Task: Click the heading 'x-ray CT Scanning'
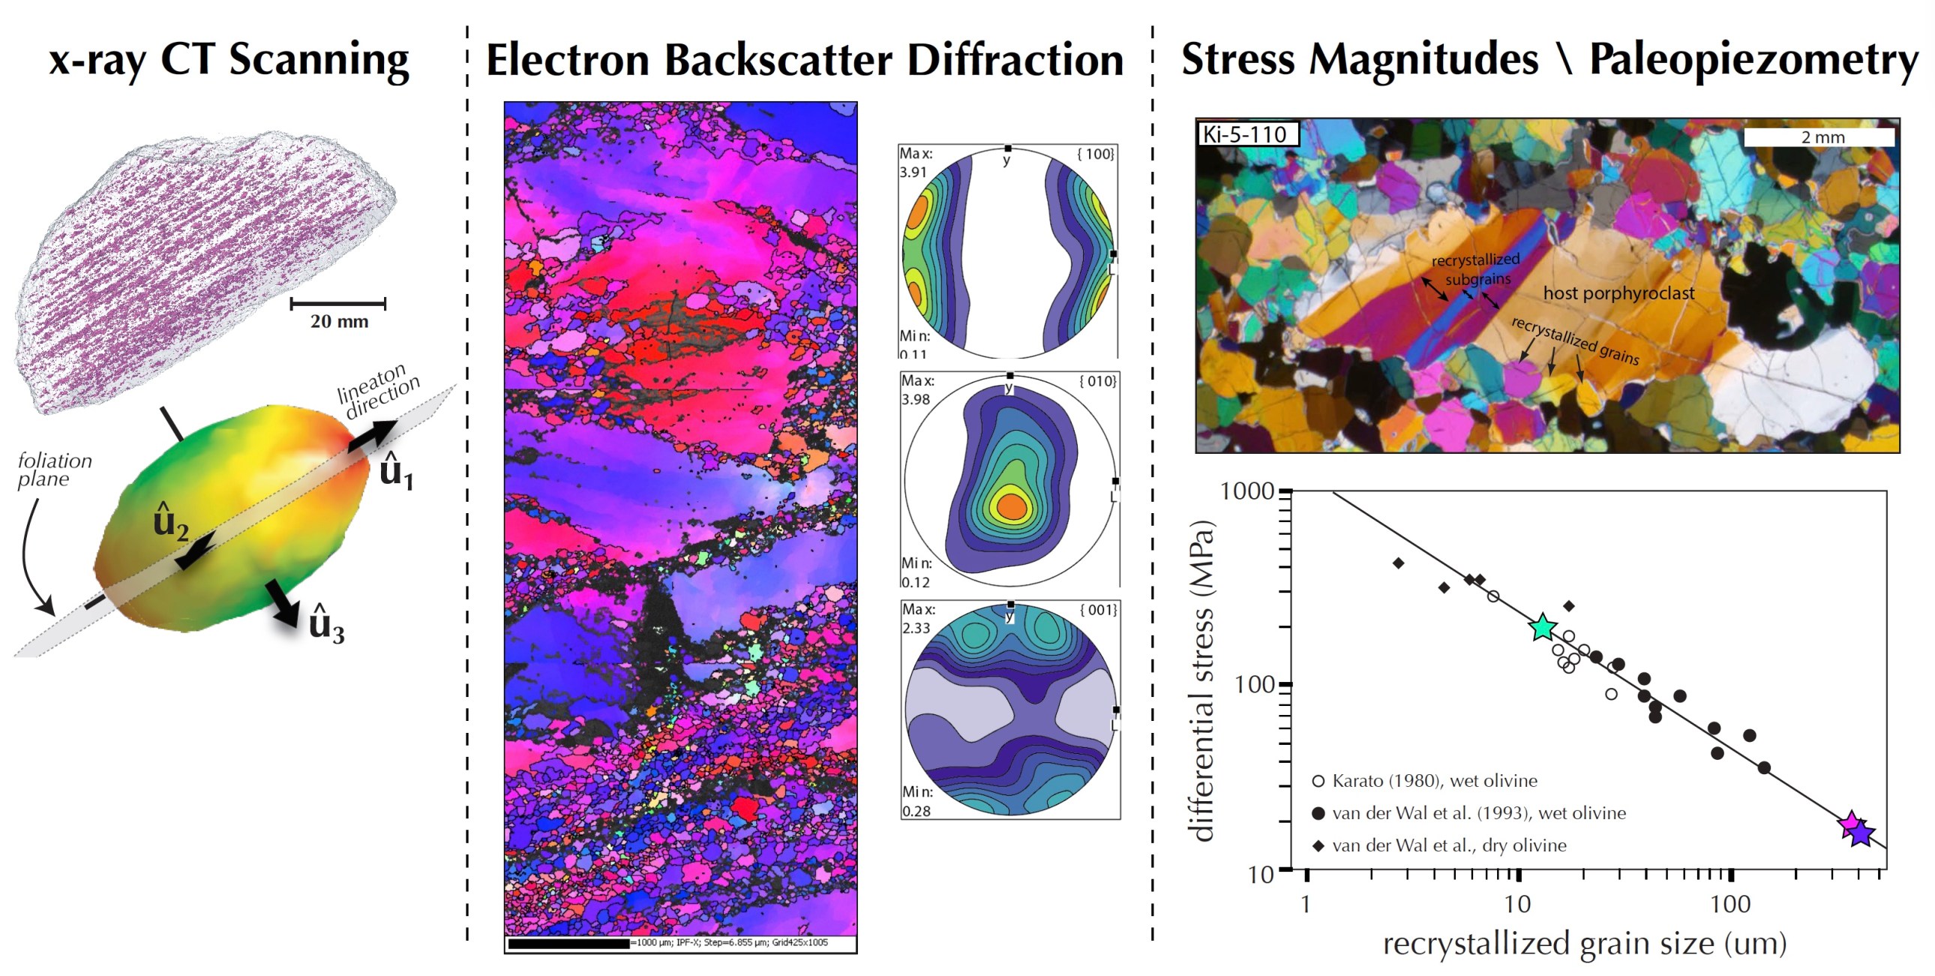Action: (229, 60)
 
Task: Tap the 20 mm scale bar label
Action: (339, 322)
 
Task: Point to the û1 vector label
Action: (396, 473)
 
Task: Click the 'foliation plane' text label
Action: (54, 470)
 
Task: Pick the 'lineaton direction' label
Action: (378, 392)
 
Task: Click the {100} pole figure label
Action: (1094, 154)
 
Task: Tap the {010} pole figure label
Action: (1096, 382)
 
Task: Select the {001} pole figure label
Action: (1097, 610)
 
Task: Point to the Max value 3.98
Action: (916, 399)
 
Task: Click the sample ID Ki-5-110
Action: (1245, 134)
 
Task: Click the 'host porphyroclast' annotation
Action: (1618, 293)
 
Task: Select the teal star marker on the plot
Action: (1542, 626)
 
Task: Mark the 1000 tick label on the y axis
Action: (1246, 491)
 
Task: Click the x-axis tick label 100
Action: (1730, 904)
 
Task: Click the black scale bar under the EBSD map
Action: (568, 943)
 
